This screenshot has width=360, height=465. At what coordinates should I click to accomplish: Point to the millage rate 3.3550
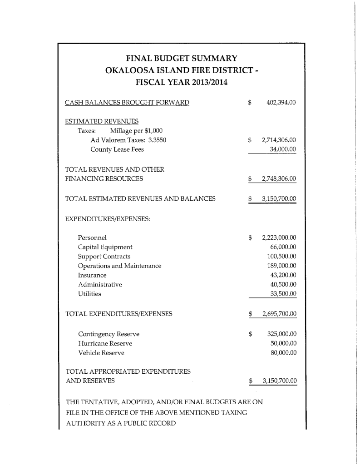pos(157,140)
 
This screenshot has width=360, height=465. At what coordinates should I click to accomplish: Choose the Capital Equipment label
pos(105,247)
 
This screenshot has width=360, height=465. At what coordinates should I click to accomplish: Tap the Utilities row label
pos(90,294)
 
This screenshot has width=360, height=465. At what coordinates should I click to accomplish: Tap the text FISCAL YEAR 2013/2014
pos(182,83)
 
